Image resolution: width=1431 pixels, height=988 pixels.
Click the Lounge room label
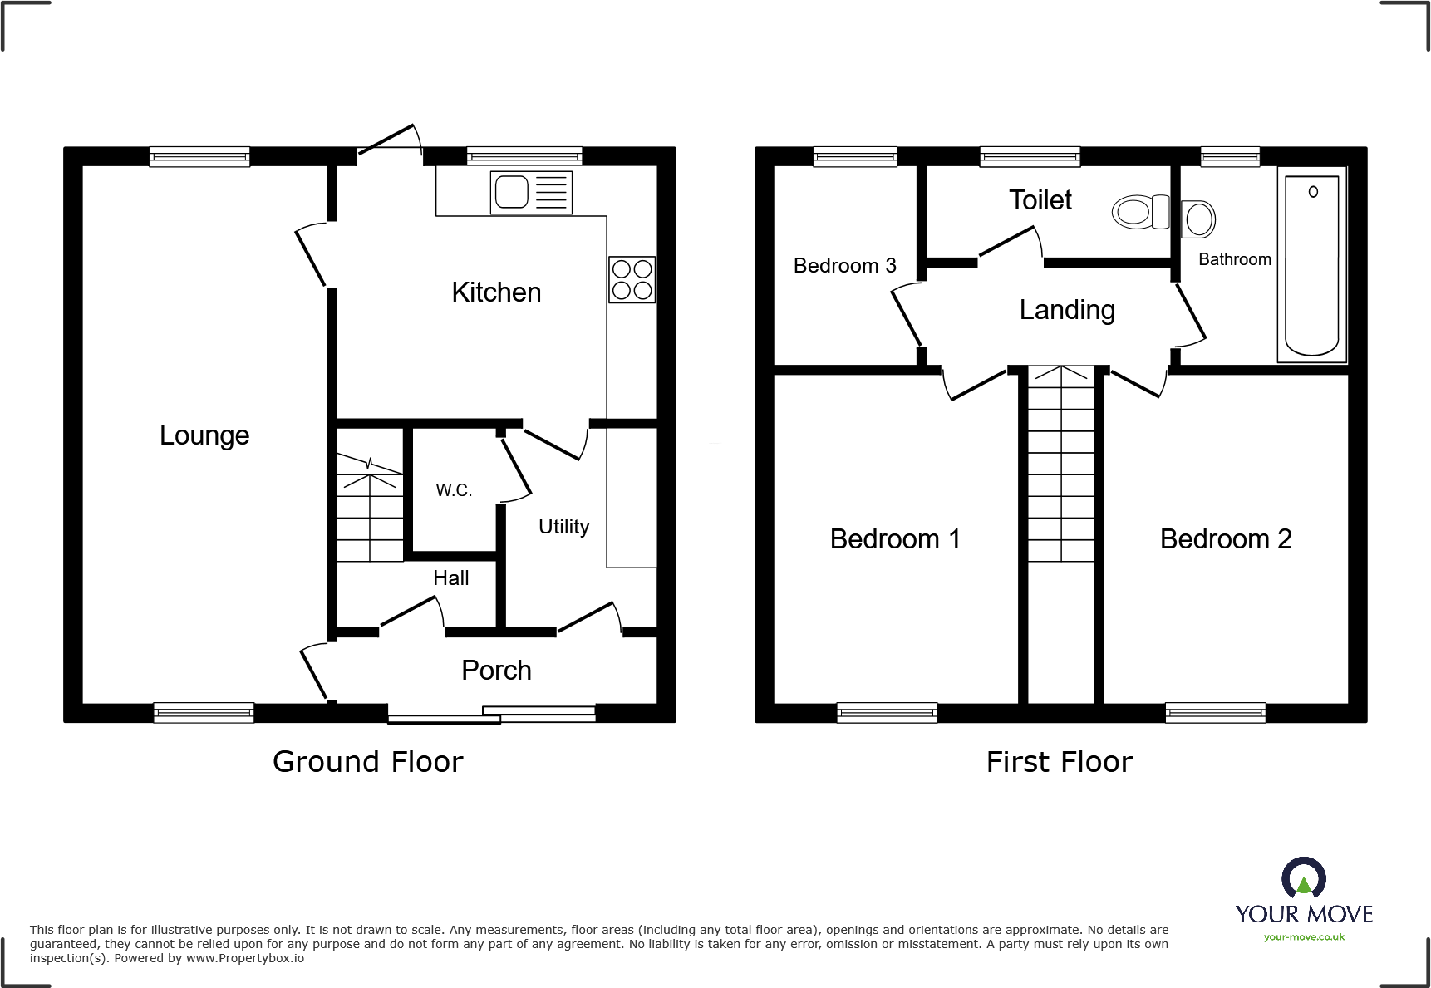pyautogui.click(x=204, y=435)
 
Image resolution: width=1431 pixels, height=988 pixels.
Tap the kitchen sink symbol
pyautogui.click(x=530, y=192)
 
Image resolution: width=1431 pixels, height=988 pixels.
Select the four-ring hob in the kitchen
pyautogui.click(x=632, y=279)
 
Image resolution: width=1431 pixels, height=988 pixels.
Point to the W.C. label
pyautogui.click(x=454, y=490)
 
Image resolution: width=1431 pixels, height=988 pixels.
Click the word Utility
pyautogui.click(x=563, y=527)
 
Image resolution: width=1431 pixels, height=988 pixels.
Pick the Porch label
pyautogui.click(x=496, y=671)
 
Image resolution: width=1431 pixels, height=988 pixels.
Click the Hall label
pyautogui.click(x=450, y=578)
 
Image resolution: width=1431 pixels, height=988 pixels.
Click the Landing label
pyautogui.click(x=1067, y=310)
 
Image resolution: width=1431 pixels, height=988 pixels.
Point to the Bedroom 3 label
pyautogui.click(x=844, y=266)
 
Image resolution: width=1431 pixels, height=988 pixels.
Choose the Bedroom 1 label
pyautogui.click(x=894, y=539)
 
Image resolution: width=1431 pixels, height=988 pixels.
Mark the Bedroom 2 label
pyautogui.click(x=1225, y=539)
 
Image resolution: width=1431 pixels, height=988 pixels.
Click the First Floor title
pyautogui.click(x=1059, y=762)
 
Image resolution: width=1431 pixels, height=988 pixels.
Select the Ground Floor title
pyautogui.click(x=367, y=762)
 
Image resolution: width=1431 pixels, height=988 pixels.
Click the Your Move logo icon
pyautogui.click(x=1303, y=877)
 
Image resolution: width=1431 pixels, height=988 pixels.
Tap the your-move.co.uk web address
pyautogui.click(x=1303, y=937)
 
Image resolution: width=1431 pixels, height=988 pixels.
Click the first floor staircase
pyautogui.click(x=1061, y=465)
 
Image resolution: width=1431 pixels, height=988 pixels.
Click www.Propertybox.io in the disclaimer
pyautogui.click(x=244, y=959)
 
